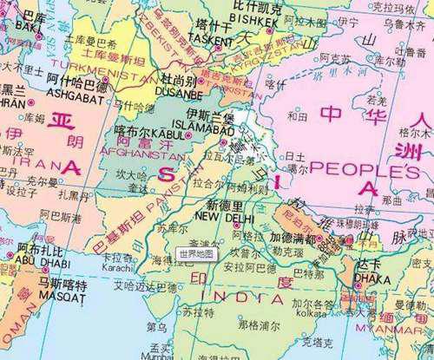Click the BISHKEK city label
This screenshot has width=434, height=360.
(253, 18)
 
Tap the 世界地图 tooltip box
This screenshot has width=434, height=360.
(195, 254)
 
